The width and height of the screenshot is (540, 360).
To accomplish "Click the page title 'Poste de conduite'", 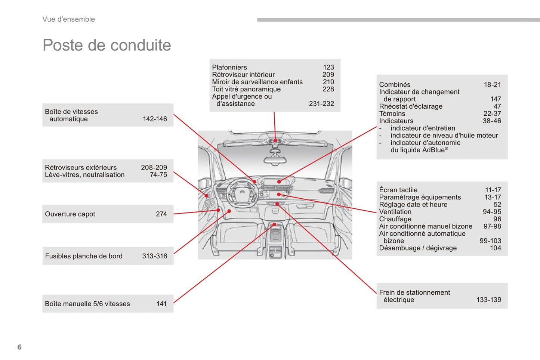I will point(107,45).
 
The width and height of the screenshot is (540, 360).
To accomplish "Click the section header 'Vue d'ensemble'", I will point(68,19).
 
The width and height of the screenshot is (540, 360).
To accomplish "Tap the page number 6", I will point(19,347).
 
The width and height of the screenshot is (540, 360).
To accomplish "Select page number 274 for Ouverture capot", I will point(161,214).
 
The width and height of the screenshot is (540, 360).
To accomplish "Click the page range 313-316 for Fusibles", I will point(155,256).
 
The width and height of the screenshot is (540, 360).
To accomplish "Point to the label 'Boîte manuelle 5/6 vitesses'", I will point(87,304).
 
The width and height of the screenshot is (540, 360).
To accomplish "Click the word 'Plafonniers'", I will point(229,67).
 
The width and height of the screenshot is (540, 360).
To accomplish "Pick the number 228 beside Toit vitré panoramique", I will point(328,89).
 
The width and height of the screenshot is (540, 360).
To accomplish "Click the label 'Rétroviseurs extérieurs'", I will point(81,168).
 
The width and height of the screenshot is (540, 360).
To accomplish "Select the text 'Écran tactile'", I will point(398,190).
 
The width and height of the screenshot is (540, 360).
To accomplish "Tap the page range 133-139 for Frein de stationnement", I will point(489,300).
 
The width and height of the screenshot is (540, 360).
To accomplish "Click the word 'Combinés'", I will point(395,85).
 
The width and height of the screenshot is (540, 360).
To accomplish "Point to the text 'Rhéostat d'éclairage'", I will point(411,106).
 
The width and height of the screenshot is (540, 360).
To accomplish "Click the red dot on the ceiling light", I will point(275,141).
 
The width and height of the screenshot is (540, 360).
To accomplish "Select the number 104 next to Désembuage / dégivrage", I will point(496,248).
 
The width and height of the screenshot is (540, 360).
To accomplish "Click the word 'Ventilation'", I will point(395,212).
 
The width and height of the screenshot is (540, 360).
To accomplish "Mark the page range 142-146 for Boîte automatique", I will point(155,119).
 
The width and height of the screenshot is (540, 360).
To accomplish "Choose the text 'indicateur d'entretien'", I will point(423,128).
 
